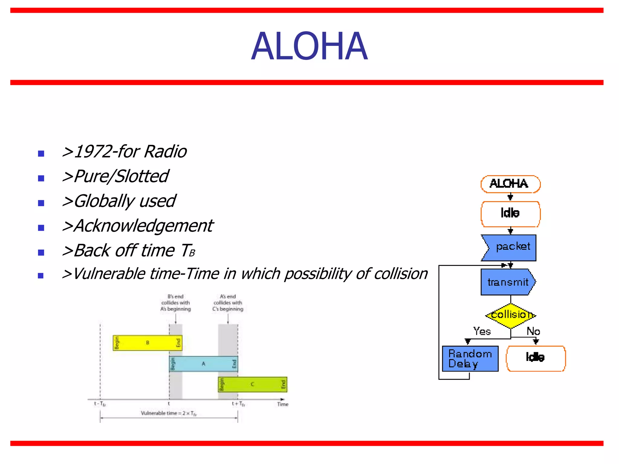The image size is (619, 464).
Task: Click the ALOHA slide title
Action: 309,47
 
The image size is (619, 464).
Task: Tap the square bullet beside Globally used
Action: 41,203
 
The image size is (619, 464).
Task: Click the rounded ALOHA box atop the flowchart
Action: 510,184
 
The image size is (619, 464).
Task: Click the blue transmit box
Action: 508,282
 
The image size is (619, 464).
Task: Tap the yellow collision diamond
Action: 510,315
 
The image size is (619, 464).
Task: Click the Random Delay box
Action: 470,359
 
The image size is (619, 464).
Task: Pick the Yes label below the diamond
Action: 482,331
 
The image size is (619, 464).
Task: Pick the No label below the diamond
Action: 533,331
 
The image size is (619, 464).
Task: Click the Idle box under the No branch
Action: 536,358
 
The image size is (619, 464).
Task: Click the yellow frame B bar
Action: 147,343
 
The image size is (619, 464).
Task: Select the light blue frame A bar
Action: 203,364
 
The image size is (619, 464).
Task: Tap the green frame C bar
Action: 252,385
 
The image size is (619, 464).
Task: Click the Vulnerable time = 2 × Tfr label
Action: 169,413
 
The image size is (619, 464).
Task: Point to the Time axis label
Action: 283,404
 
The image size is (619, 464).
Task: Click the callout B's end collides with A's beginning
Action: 176,303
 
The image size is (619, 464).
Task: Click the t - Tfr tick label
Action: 100,404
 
